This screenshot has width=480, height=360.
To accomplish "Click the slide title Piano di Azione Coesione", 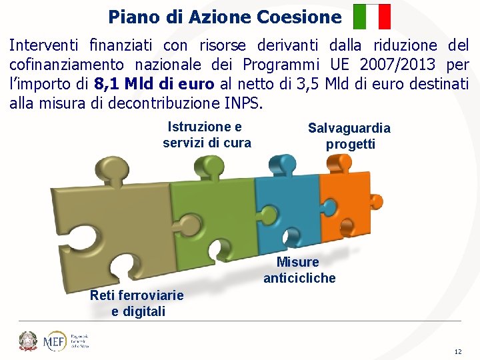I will [x=225, y=16].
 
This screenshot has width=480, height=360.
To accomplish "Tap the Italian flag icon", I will [x=372, y=17].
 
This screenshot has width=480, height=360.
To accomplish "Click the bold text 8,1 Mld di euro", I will [x=154, y=84].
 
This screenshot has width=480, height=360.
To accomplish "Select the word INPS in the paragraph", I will [x=244, y=103].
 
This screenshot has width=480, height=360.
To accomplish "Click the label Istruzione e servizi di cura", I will [x=207, y=135].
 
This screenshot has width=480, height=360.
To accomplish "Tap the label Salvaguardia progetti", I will [x=350, y=136].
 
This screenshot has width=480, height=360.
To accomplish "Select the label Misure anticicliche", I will [x=299, y=270].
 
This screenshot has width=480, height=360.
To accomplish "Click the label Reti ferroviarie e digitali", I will [x=137, y=303].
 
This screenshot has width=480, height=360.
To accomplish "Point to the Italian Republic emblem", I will [x=28, y=341].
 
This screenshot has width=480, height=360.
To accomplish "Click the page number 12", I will [x=457, y=351].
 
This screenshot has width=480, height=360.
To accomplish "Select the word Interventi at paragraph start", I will [x=43, y=45].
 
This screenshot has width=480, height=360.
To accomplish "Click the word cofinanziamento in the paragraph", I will [x=67, y=65].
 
